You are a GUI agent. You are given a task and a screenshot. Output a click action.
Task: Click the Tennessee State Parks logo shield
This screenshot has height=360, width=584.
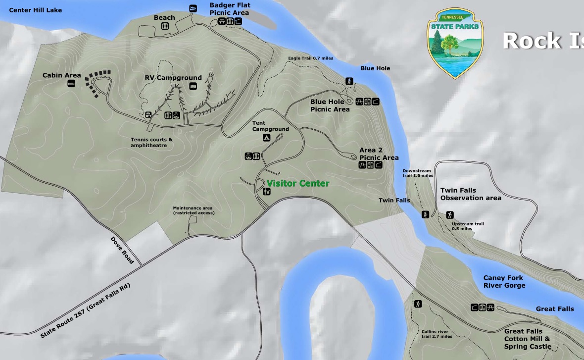pos(455,43)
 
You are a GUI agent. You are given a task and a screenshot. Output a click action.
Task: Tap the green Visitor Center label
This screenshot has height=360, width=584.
pos(297,183)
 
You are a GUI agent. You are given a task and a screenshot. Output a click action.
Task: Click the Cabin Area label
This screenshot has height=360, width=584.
pos(61,75)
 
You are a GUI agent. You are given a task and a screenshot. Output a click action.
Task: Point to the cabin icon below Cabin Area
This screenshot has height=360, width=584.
pos(72,84)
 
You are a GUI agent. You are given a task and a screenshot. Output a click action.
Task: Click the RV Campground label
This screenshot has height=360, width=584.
pos(173,78)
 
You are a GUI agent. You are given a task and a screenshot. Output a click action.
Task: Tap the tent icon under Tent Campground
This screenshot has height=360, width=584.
pos(266,138)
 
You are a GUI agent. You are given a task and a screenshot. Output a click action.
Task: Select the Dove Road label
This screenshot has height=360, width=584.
pos(122,250)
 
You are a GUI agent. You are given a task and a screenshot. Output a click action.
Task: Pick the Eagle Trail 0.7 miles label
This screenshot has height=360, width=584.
pos(310,58)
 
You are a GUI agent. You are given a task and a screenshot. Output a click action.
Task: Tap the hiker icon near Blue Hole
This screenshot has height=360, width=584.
pos(349,81)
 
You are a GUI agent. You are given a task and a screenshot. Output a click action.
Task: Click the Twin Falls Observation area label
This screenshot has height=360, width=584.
pos(470,194)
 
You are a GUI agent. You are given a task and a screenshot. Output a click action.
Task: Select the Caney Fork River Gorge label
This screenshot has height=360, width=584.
pos(504,281)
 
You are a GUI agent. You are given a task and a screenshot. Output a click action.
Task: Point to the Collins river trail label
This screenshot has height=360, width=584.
pos(437,334)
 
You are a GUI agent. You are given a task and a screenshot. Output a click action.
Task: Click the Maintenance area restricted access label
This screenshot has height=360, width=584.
pos(194,210)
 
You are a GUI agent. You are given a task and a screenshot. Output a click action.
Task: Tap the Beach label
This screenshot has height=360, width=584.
pos(164,18)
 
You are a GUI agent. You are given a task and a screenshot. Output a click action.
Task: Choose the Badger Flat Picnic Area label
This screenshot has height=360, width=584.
pos(230,9)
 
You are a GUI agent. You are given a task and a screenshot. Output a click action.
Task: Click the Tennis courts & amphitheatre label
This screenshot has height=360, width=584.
pos(151,142)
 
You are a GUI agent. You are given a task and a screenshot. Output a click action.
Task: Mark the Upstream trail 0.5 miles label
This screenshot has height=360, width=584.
pos(468,226)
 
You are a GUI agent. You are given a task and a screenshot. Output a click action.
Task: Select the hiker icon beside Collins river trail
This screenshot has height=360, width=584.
pos(418,304)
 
